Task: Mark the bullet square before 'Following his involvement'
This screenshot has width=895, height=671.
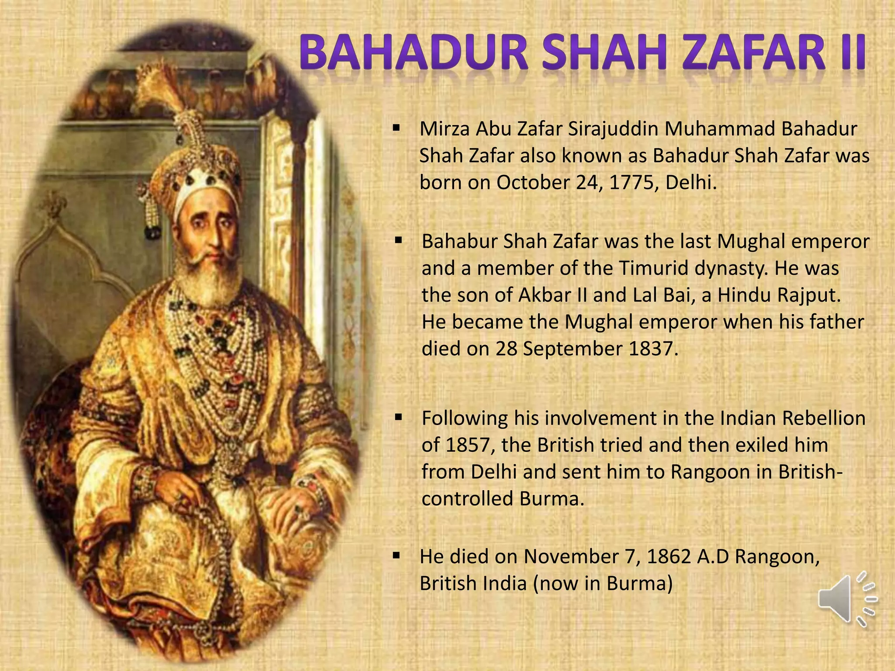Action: click(x=398, y=418)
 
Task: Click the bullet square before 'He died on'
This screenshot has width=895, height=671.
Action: click(x=396, y=556)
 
